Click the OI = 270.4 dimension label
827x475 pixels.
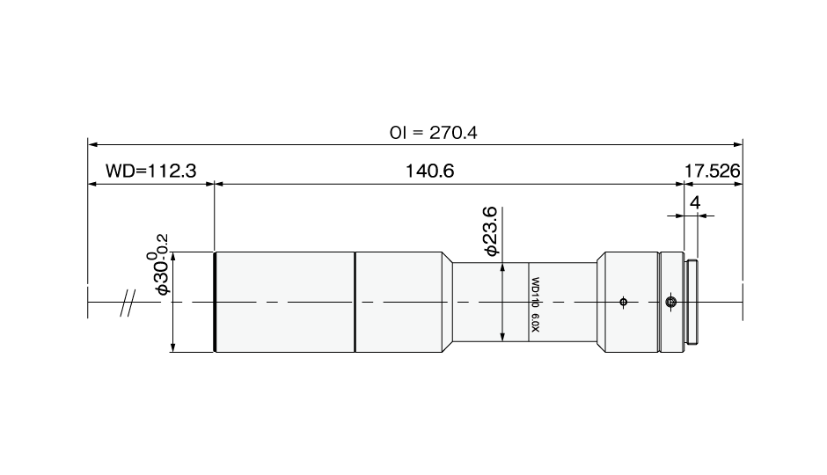433,132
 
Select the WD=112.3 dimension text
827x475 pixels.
150,171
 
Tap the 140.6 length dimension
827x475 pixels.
429,171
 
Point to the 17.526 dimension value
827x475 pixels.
712,171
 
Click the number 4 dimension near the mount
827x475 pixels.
695,202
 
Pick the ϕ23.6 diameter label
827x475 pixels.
491,231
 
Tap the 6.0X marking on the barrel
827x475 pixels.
535,323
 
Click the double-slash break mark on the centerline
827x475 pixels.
127,303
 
